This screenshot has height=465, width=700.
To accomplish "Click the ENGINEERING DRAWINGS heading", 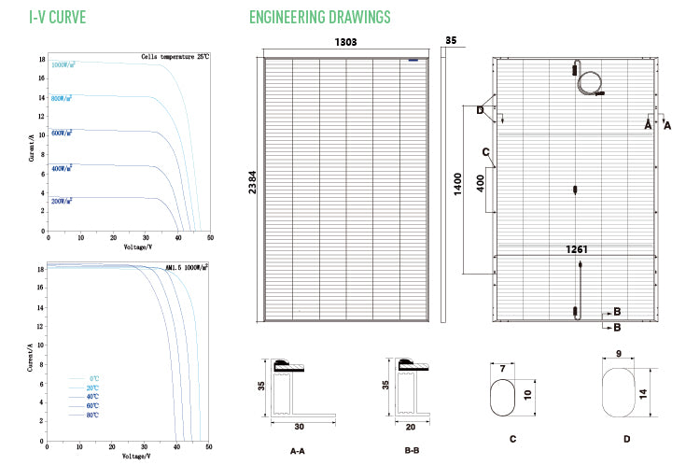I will pos(320,18).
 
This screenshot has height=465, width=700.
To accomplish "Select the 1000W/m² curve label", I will pos(63,64).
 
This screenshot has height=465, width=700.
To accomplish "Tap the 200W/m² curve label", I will pos(63,201).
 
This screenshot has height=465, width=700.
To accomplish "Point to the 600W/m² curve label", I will pos(63,134).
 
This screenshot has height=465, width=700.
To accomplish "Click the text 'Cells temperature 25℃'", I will pos(175,57).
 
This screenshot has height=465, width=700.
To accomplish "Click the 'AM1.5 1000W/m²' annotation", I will pos(185,266).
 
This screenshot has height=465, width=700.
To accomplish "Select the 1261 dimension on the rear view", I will pos(579,249).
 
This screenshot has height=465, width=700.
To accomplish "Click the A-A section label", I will pos(299,450).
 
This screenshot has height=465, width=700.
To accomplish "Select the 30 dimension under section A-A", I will pos(298,426).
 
